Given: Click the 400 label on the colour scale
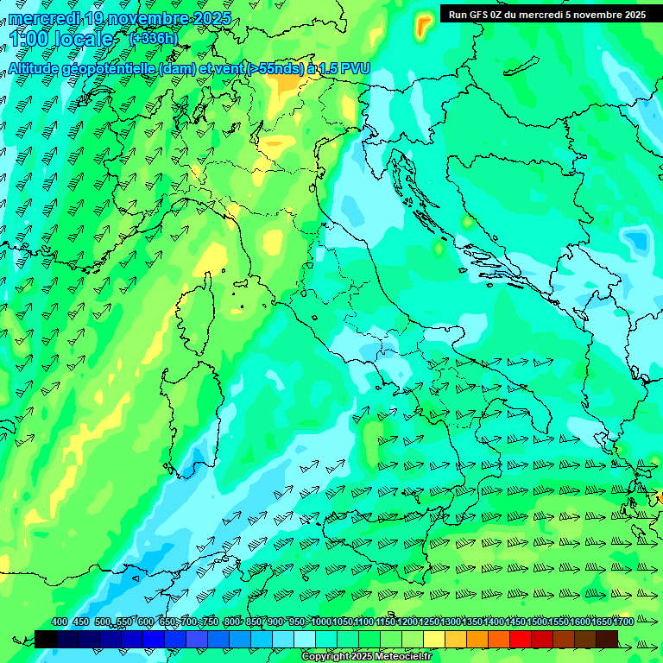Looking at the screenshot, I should coord(60,622).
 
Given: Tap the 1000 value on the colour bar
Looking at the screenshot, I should coord(321,622).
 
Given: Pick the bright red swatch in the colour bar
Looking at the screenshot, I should coord(521,639).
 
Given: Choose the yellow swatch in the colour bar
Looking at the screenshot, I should coord(434,639).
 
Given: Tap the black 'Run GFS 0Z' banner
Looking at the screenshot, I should coord(546,14).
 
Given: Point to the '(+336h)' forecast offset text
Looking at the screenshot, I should coord(152,38).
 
